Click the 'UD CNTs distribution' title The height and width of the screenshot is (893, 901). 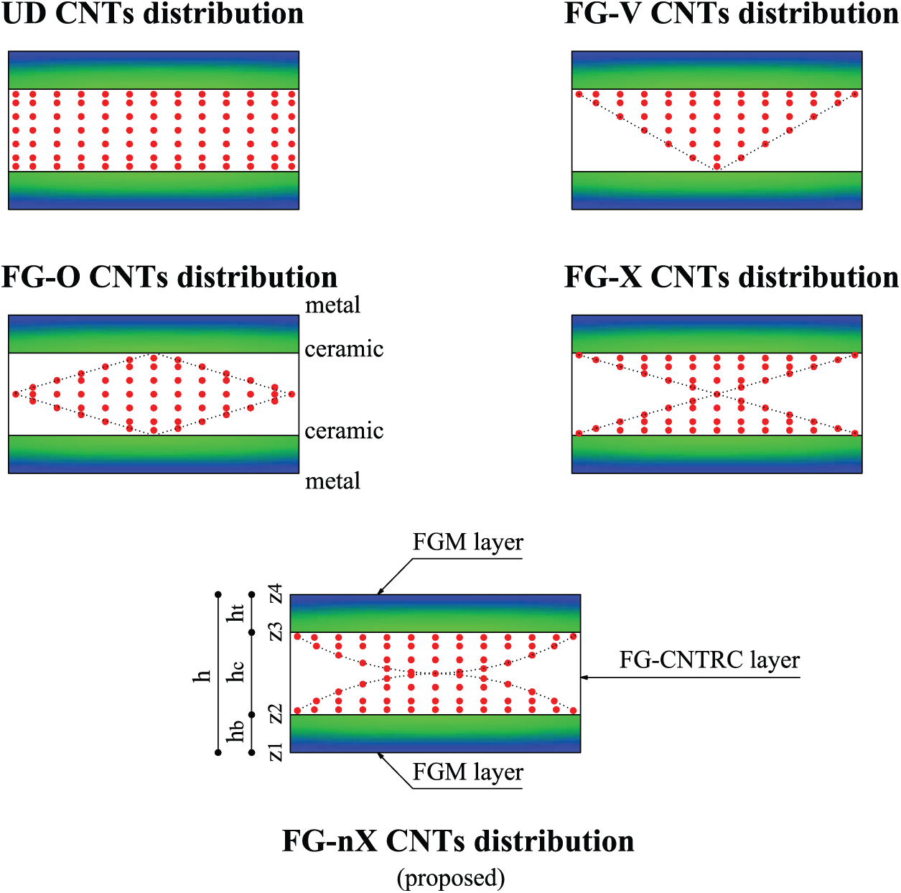click(x=152, y=14)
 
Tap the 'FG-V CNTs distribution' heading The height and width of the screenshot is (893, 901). click(x=731, y=14)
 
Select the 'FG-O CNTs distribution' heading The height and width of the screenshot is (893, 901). click(x=169, y=277)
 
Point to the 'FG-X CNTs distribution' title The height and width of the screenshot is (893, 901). click(x=731, y=277)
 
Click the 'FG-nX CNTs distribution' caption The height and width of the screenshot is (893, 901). click(x=458, y=841)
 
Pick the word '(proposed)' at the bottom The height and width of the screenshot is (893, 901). click(x=451, y=878)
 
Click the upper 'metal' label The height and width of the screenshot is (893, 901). click(x=332, y=305)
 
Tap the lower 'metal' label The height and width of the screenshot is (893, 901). click(x=332, y=481)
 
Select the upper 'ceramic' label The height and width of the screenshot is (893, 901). click(x=344, y=349)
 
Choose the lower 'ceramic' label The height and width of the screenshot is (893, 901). click(x=344, y=431)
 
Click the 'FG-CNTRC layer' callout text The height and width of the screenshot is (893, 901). click(x=709, y=660)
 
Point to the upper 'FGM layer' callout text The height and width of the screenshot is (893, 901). click(x=467, y=542)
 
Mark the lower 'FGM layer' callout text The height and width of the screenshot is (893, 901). click(x=467, y=772)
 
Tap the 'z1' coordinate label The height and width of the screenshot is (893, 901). click(x=275, y=752)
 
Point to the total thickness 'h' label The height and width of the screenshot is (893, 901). click(x=203, y=675)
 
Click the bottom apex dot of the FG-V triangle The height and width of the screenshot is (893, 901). click(x=716, y=167)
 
